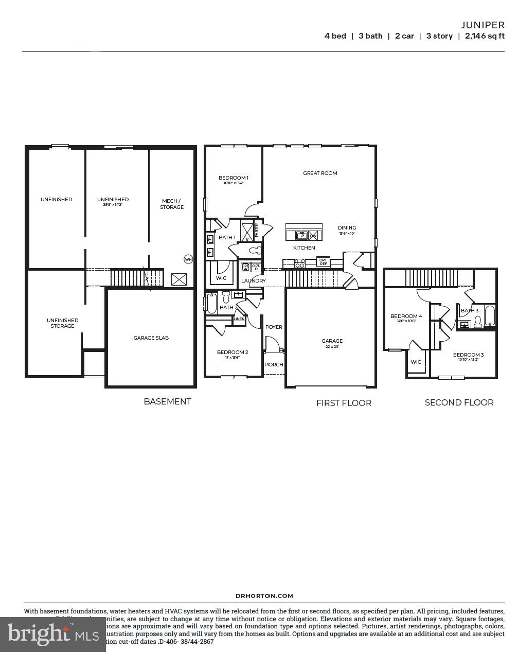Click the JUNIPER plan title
pyautogui.click(x=483, y=25)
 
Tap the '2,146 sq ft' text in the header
pyautogui.click(x=484, y=36)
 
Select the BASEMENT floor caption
pyautogui.click(x=167, y=402)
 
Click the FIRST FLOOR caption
pyautogui.click(x=344, y=403)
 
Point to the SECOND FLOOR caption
pyautogui.click(x=459, y=403)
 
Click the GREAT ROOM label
pyautogui.click(x=320, y=173)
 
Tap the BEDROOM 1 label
pyautogui.click(x=234, y=178)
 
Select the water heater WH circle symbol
pyautogui.click(x=188, y=259)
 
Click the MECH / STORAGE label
pyautogui.click(x=172, y=204)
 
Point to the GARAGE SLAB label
pyautogui.click(x=151, y=338)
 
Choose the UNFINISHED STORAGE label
pyautogui.click(x=62, y=323)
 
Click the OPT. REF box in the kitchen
pyautogui.click(x=323, y=262)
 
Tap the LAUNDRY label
pyautogui.click(x=254, y=281)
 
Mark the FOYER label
pyautogui.click(x=274, y=327)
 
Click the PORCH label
pyautogui.click(x=274, y=365)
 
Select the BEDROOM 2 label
pyautogui.click(x=233, y=353)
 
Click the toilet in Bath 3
pyautogui.click(x=477, y=322)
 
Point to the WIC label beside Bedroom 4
pyautogui.click(x=416, y=362)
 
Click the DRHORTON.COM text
pyautogui.click(x=264, y=596)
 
